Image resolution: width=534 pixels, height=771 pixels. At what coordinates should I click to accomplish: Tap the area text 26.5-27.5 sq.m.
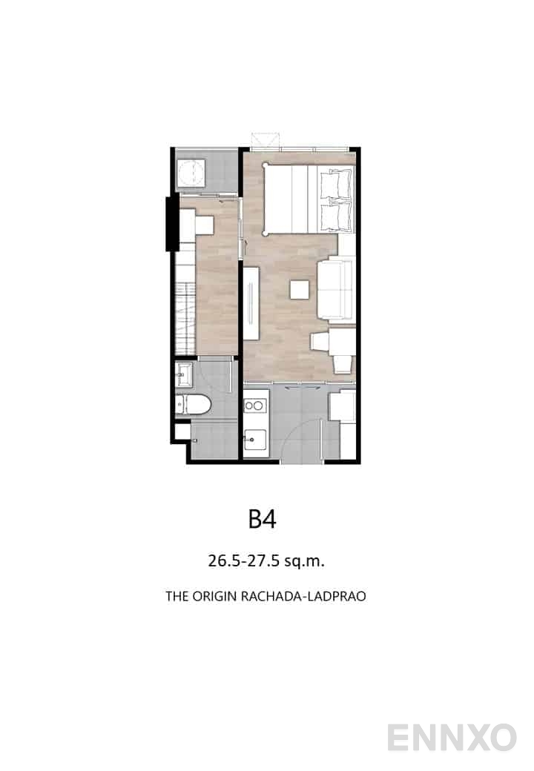tap(266, 560)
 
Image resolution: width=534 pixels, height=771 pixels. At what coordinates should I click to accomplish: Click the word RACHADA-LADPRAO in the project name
tap(303, 596)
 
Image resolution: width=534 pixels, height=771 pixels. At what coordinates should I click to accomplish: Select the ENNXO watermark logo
tap(452, 738)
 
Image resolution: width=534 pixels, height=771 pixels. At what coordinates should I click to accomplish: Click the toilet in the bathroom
tap(195, 405)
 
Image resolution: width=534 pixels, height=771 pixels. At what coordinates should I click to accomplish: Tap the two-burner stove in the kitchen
tap(254, 406)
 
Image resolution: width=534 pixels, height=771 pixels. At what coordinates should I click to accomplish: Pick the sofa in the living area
tap(337, 286)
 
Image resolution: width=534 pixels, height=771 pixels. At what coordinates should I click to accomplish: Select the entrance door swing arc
tap(300, 437)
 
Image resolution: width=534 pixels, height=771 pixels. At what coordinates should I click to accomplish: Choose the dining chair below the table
tap(342, 364)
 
